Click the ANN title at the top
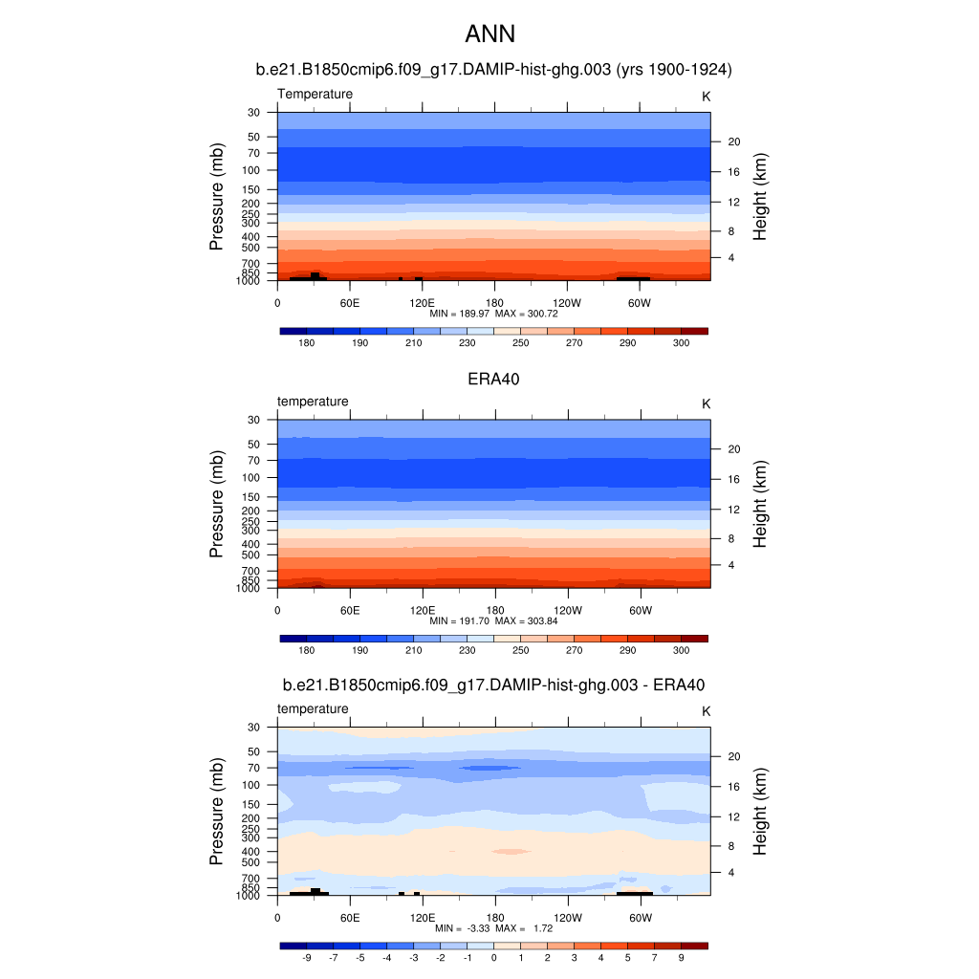(489, 34)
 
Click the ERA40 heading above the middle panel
(493, 379)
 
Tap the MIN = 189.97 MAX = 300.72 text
(493, 314)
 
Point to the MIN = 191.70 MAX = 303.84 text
(493, 620)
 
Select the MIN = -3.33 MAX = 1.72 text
(493, 928)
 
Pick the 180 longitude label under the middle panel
(494, 610)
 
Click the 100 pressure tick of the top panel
(253, 170)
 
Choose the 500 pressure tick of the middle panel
(253, 555)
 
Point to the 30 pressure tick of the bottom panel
(255, 728)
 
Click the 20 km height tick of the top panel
(735, 141)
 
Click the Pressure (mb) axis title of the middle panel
(217, 504)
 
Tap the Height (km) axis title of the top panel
(760, 197)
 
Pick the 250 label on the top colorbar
(521, 342)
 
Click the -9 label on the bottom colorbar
(307, 957)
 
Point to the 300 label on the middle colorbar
(682, 650)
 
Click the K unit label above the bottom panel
(707, 711)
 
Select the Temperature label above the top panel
(315, 94)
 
